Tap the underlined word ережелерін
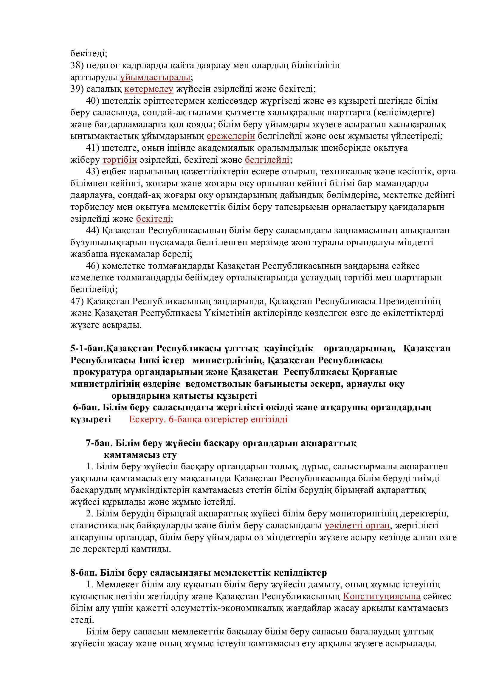coord(231,136)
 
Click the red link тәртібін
coord(120,159)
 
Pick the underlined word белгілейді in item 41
coord(267,159)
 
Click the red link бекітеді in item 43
coord(153,218)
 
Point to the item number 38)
coord(77,65)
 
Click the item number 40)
coord(93,101)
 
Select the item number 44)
coord(93,231)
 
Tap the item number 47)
coord(77,302)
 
